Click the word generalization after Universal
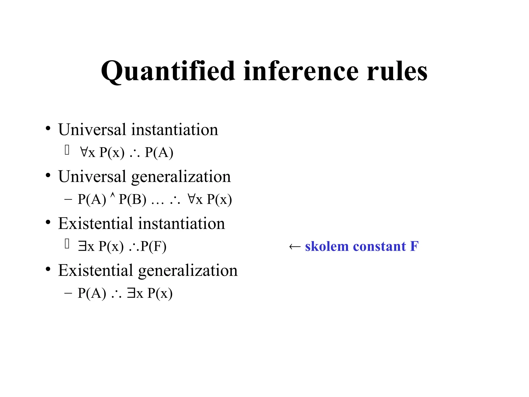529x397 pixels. coord(181,177)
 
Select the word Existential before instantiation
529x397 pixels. coord(95,223)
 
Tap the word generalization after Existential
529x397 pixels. coord(188,271)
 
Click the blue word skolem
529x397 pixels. coord(326,246)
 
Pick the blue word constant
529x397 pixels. coord(379,246)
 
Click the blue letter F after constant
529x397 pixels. coord(414,246)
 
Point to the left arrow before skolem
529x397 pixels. coord(295,247)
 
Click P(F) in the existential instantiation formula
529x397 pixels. coord(153,246)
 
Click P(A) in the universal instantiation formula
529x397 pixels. coord(159,152)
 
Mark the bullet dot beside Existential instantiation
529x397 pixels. coord(48,223)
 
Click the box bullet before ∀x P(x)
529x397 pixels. coord(67,150)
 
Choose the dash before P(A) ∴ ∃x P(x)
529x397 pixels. coord(68,294)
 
